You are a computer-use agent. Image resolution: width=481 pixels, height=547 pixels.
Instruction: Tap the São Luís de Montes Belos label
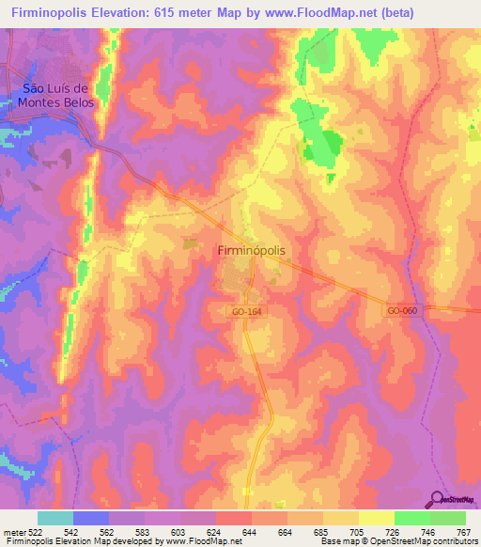[x=57, y=96]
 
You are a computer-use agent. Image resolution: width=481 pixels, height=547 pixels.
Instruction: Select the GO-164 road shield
[x=242, y=310]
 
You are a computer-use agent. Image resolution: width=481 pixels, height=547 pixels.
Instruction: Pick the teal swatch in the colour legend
[x=55, y=518]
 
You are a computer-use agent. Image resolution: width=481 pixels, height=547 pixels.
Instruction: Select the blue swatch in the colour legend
[x=91, y=518]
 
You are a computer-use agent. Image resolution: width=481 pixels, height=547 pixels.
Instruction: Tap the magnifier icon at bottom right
[x=438, y=501]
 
